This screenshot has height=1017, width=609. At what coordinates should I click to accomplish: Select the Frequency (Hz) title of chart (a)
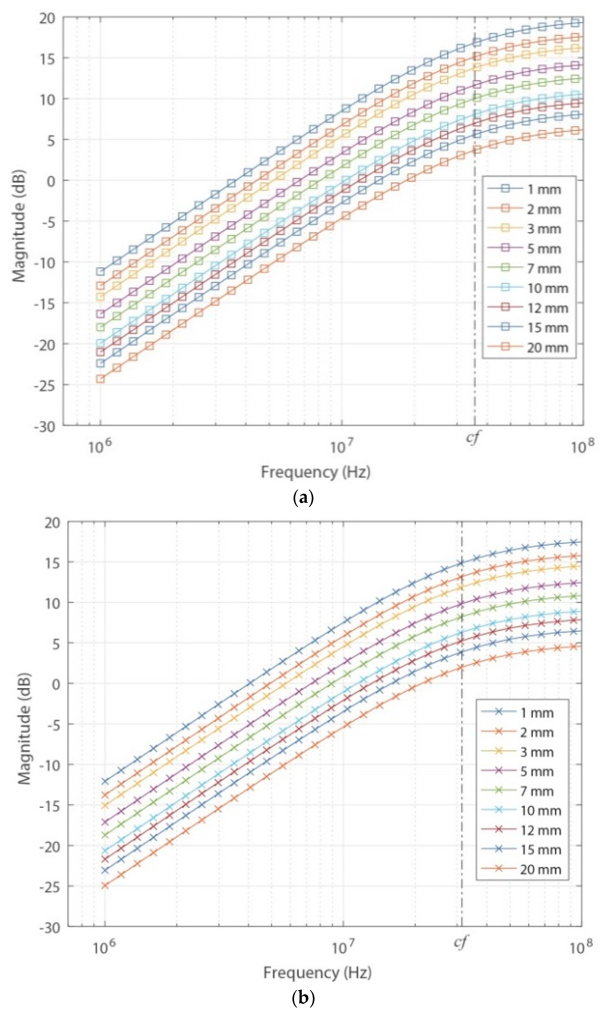click(x=316, y=472)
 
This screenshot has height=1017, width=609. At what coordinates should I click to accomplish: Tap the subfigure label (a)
click(x=304, y=498)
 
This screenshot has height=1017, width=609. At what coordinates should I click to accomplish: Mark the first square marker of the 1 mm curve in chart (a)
click(x=100, y=271)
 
